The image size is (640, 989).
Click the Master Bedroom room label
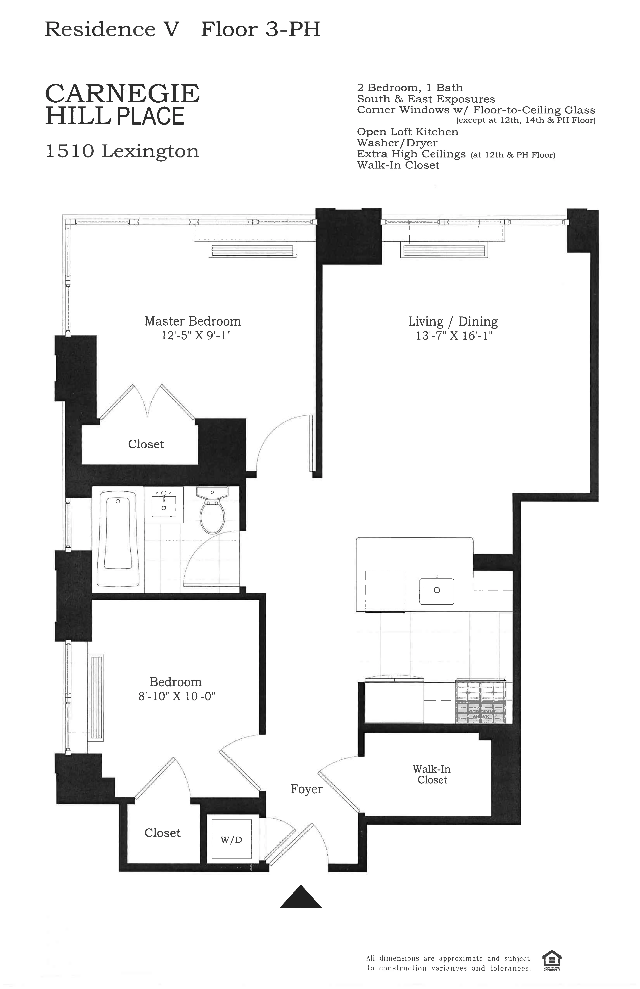pos(192,321)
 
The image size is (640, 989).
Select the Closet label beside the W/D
pos(163,833)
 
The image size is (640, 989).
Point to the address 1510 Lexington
pos(122,151)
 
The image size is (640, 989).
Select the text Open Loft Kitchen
pos(407,132)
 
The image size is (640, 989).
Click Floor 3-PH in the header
pos(261,29)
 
